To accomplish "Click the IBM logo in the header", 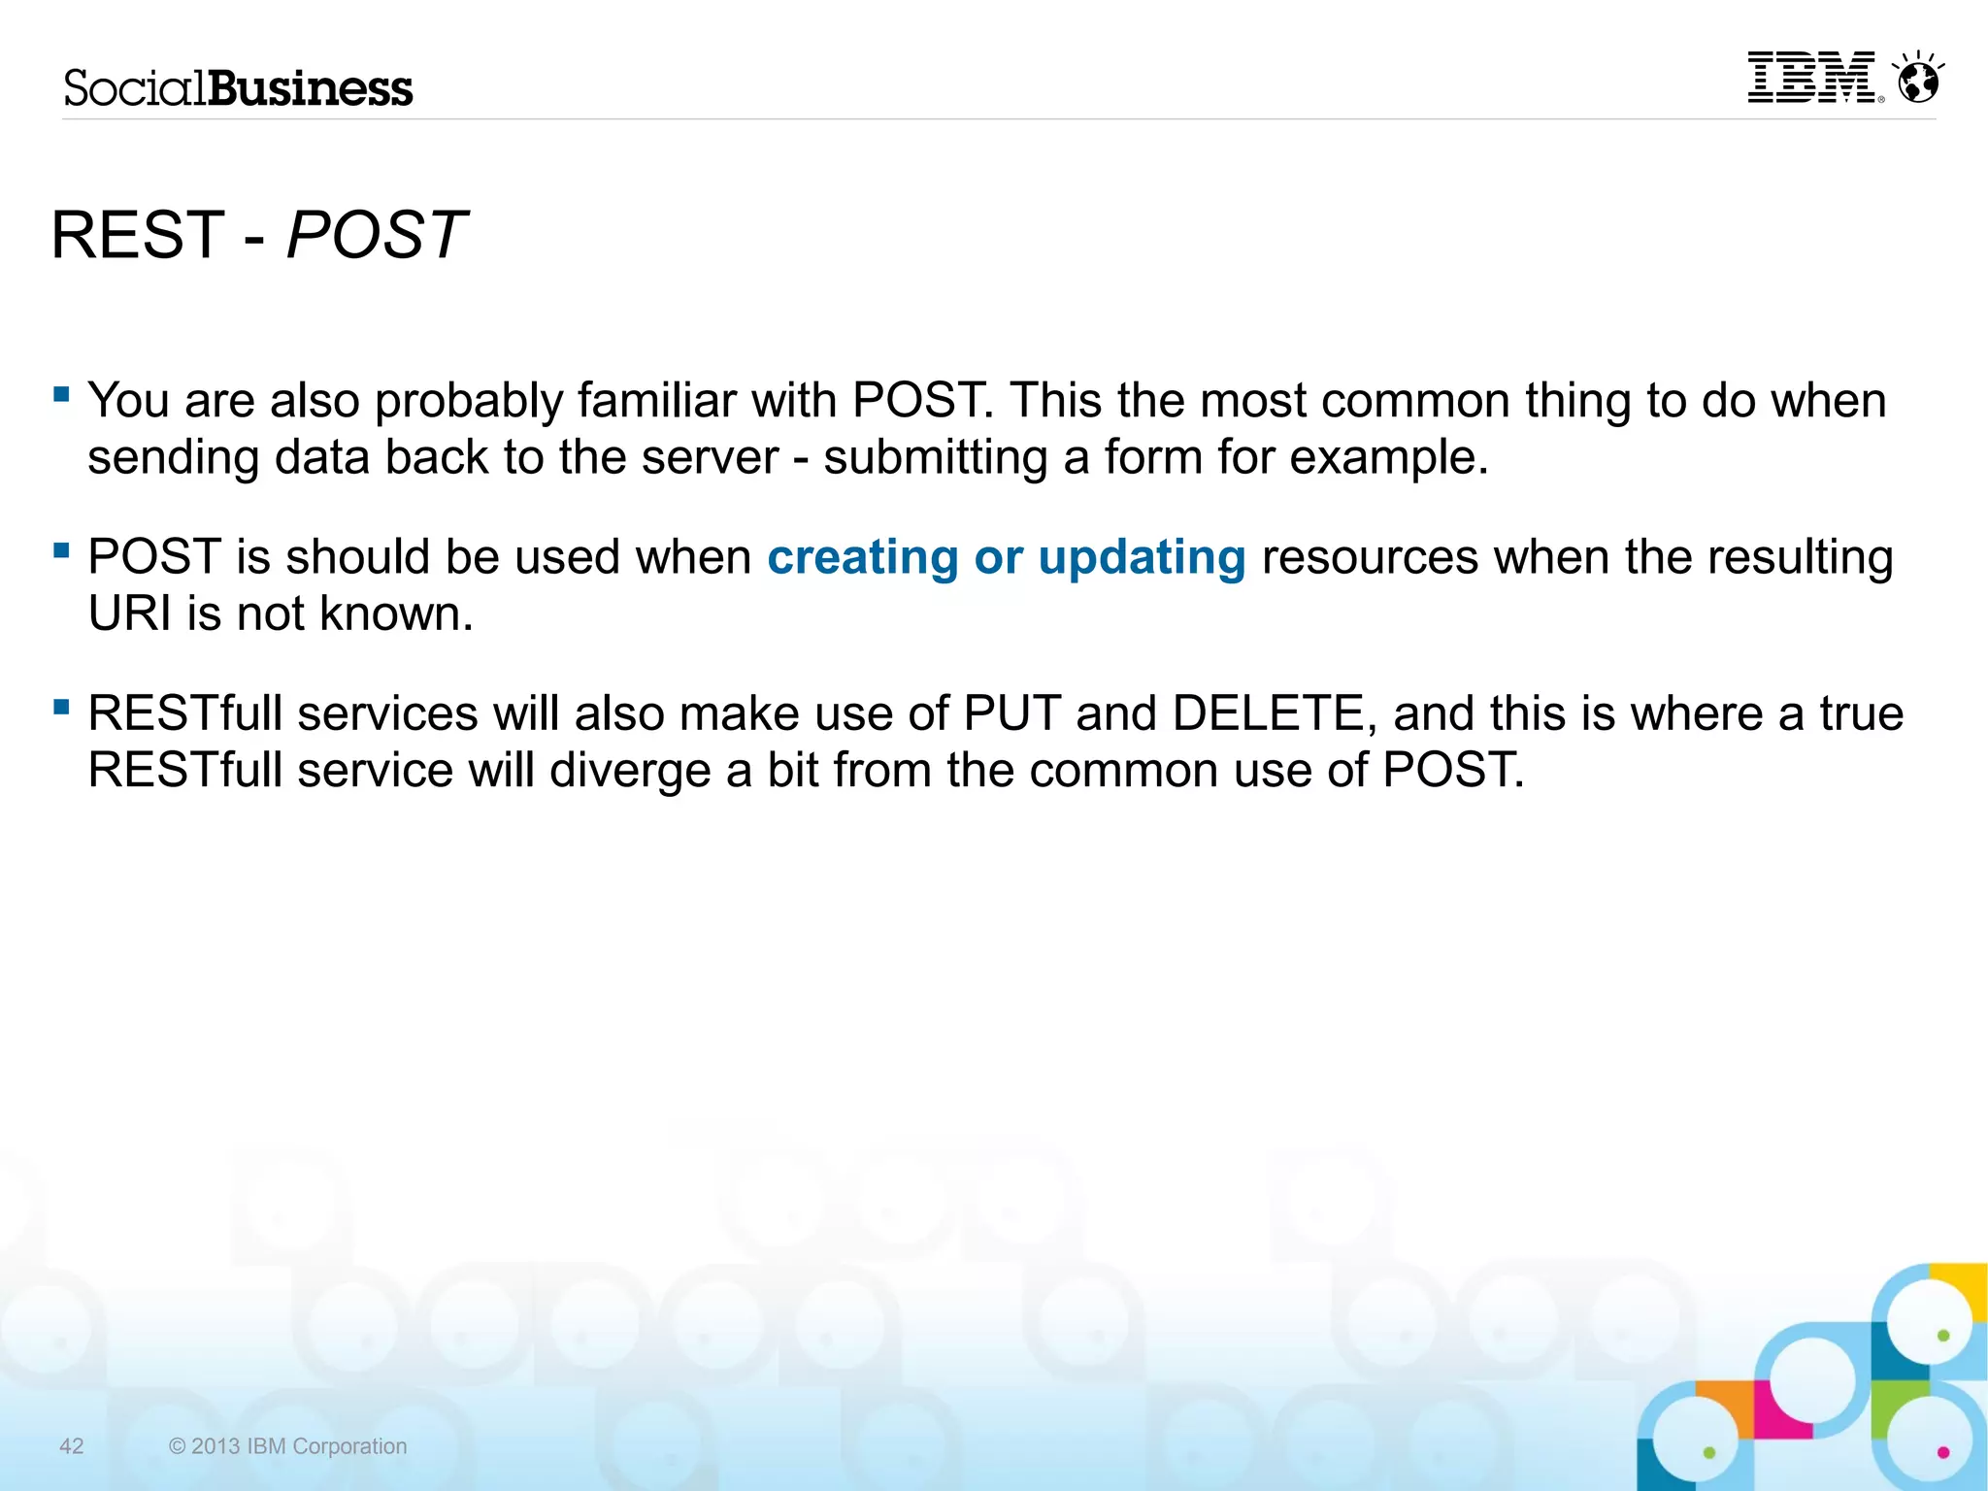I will (1811, 78).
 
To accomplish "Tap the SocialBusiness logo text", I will (238, 88).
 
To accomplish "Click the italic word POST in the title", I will (377, 235).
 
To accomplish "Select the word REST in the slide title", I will (137, 235).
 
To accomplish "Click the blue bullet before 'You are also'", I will (62, 394).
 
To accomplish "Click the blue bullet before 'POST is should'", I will (62, 550).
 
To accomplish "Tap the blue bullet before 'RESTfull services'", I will (62, 707).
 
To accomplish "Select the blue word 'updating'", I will (1142, 557).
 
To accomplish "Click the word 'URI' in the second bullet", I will (129, 613).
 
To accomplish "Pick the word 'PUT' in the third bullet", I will (1011, 713).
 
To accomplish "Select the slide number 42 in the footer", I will (72, 1446).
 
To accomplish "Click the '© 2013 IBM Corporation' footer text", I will (287, 1446).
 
